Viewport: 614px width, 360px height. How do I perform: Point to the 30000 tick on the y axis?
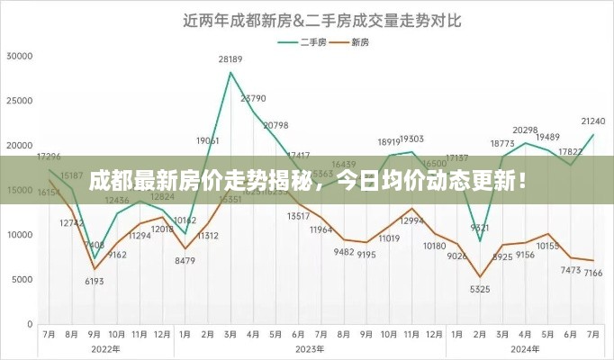[x=19, y=56]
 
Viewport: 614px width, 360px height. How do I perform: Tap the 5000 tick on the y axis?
[x=22, y=279]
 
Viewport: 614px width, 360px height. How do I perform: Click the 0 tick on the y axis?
[x=30, y=323]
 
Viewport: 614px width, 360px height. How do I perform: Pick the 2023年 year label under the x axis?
[x=309, y=348]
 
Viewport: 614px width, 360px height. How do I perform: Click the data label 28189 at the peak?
[x=230, y=60]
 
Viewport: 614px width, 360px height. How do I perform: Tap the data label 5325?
[x=480, y=289]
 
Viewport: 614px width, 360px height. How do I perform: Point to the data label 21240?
[x=592, y=121]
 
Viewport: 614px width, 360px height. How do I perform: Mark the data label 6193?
[x=95, y=282]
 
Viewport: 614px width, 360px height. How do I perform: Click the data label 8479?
[x=185, y=261]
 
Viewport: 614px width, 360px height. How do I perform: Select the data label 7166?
[x=592, y=272]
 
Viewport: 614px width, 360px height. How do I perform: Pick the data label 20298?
[x=525, y=130]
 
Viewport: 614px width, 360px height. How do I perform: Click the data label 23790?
[x=254, y=98]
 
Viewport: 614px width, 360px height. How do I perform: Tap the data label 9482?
[x=343, y=252]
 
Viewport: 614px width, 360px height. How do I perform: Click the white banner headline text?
[x=308, y=179]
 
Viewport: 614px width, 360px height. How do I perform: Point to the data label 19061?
[x=208, y=140]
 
